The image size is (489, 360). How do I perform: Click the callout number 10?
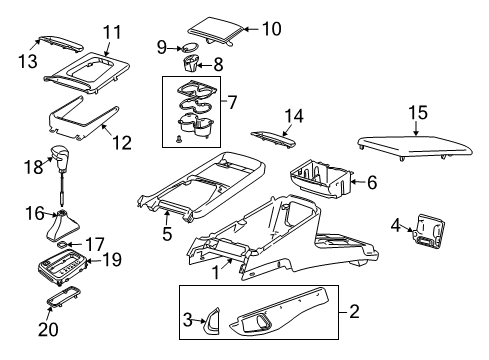[x=271, y=28]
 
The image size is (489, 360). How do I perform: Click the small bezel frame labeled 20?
[x=62, y=302]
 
